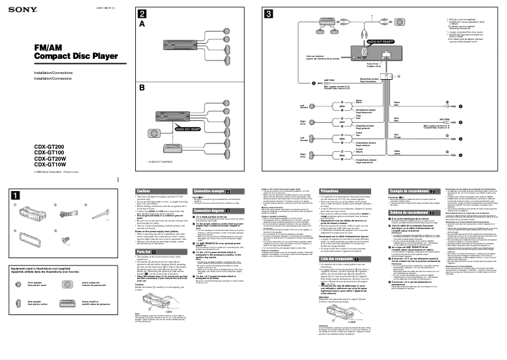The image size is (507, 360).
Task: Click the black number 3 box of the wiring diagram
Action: click(x=269, y=14)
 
